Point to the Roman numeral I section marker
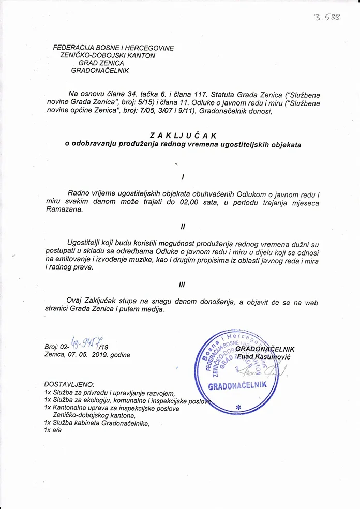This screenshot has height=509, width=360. tap(183, 177)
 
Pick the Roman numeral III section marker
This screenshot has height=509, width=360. tap(182, 284)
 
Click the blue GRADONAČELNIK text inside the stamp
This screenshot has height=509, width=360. tap(237, 386)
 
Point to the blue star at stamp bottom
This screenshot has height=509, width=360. tap(238, 407)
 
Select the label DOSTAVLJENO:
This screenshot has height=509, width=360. tap(69, 385)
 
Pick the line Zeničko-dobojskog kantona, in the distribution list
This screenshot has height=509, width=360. tap(94, 415)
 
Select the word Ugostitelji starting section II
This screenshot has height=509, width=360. tap(85, 243)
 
